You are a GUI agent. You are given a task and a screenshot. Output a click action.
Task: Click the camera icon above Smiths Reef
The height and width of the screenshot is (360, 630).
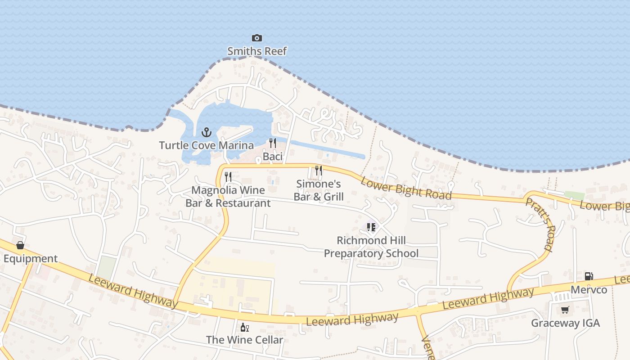coord(257,38)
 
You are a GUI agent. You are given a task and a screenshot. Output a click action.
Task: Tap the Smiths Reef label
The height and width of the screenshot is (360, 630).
coord(257,51)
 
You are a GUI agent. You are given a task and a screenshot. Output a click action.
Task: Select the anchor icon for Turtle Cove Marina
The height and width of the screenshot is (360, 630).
coord(206,132)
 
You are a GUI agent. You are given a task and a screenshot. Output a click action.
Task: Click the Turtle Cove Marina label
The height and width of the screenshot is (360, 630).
coord(206,145)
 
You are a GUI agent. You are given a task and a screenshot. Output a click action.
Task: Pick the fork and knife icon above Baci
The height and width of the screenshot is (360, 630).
coord(272,143)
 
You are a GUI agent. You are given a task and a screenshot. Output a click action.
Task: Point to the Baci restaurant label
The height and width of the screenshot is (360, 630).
coord(272,156)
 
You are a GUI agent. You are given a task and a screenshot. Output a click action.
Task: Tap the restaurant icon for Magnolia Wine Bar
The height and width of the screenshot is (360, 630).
coord(228,177)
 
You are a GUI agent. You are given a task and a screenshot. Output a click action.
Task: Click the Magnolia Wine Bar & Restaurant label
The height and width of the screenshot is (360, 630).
coord(228,197)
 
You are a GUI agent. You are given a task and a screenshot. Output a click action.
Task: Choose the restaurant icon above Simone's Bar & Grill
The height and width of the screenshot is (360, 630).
coord(319,171)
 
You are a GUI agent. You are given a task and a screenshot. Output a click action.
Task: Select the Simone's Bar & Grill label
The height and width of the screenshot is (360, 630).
coord(319,190)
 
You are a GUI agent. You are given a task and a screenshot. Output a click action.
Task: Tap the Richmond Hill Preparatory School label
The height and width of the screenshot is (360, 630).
coord(371,247)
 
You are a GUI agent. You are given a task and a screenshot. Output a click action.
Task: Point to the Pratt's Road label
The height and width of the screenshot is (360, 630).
coord(539,224)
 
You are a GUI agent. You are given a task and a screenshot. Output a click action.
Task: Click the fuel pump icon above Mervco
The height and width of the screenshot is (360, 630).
coord(589,276)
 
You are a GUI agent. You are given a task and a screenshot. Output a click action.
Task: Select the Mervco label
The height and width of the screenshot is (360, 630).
coord(589,289)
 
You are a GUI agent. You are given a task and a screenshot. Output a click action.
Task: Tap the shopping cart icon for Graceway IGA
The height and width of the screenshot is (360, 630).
coord(565,310)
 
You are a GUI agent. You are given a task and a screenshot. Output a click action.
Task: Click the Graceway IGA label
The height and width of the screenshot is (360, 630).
coord(565,323)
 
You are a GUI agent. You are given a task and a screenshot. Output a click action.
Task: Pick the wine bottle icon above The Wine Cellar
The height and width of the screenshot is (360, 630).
coord(244,327)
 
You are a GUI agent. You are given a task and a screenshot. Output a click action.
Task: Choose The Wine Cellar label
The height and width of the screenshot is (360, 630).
coord(244,340)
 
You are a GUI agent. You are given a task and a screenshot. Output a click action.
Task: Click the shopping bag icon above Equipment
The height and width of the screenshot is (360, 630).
coord(20,245)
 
